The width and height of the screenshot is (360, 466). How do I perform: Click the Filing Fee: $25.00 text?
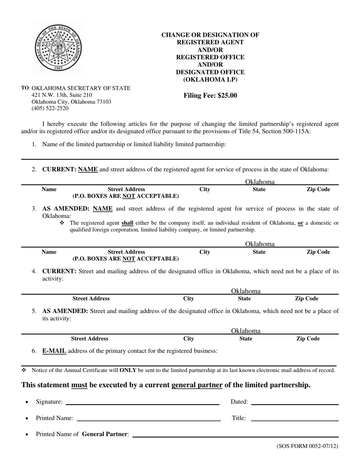[210, 95]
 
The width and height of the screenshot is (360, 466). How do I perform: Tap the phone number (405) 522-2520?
[50, 108]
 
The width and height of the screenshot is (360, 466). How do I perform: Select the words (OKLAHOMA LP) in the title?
[210, 80]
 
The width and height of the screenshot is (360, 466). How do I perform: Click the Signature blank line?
[142, 404]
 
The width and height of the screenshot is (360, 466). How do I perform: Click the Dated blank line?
[294, 404]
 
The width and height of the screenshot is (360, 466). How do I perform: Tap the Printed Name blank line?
[149, 420]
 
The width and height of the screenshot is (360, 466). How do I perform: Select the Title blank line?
[294, 420]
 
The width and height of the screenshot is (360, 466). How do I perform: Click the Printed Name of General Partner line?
[235, 436]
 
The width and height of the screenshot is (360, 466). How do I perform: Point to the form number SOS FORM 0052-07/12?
[307, 446]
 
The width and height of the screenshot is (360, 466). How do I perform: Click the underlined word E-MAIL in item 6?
[54, 351]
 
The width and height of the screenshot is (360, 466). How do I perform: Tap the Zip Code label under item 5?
[307, 339]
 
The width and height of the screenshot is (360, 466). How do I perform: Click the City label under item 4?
[188, 299]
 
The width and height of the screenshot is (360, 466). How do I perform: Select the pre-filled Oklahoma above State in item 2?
[260, 182]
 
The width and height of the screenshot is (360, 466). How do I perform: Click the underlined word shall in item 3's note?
[127, 223]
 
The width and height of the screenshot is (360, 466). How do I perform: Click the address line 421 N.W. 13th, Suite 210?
[61, 95]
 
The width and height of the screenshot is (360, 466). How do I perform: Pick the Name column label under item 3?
[49, 252]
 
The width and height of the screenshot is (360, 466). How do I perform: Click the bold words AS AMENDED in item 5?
[65, 311]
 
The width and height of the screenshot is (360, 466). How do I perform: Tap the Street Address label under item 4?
[91, 299]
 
